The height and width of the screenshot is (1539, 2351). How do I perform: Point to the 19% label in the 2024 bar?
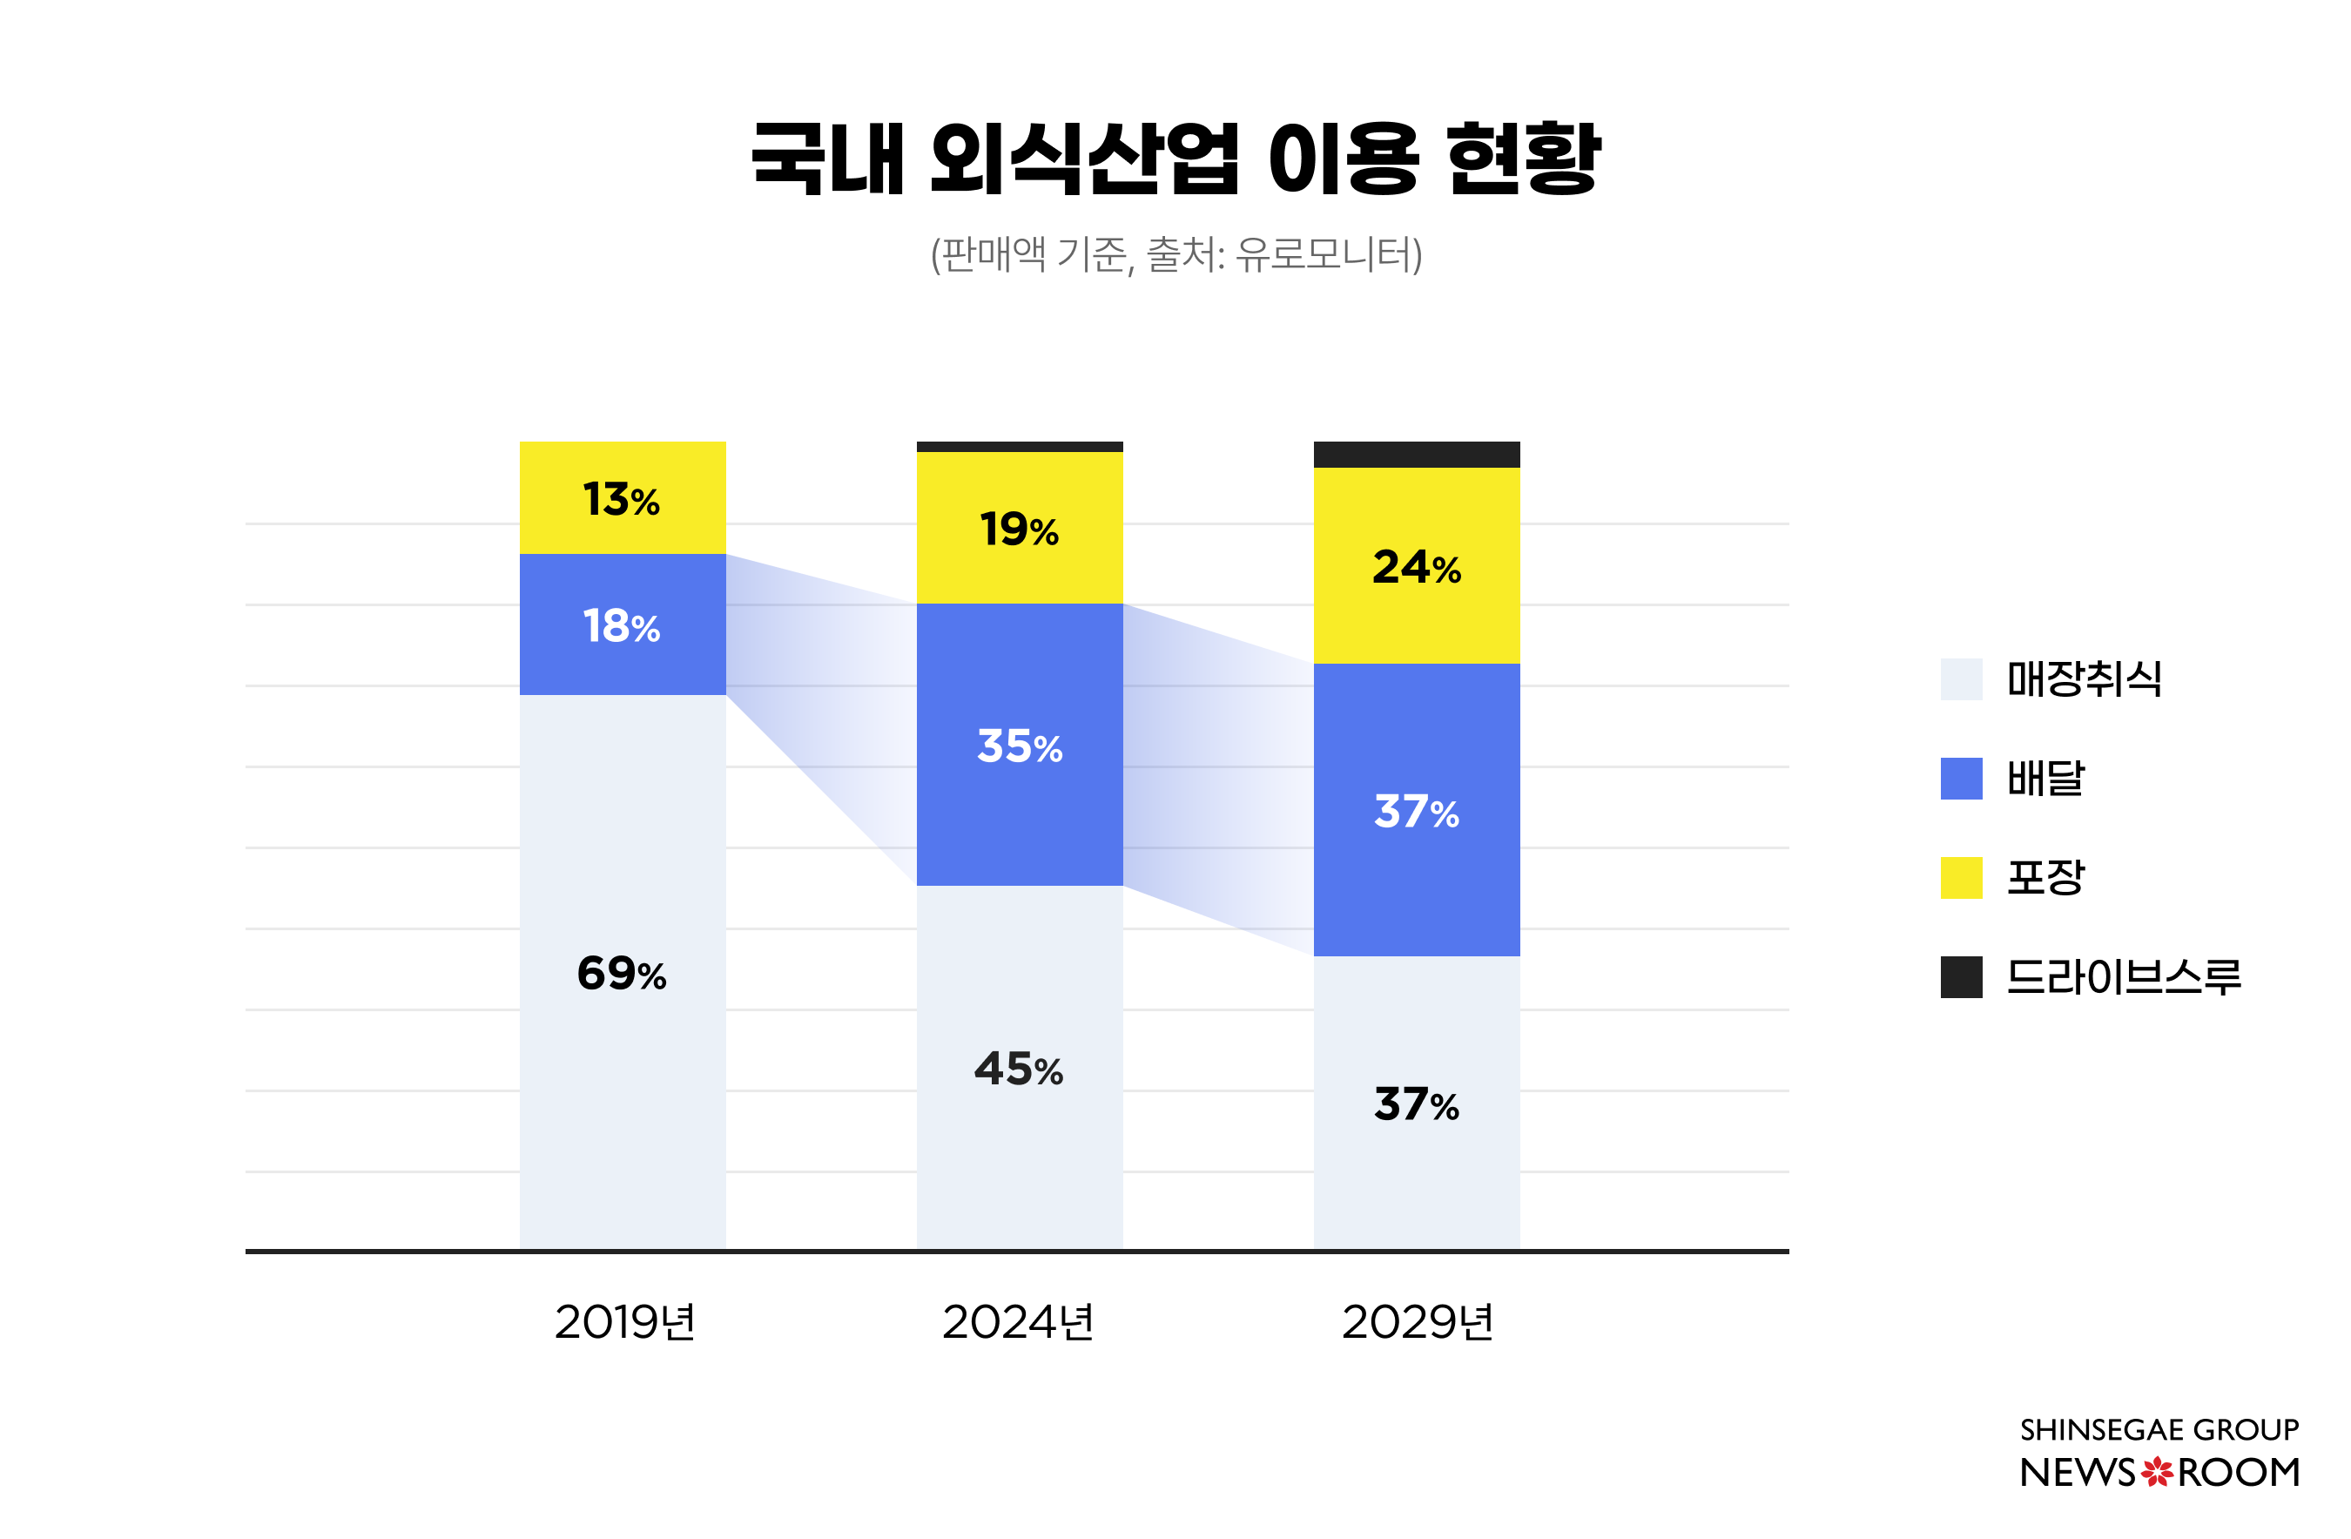1019,530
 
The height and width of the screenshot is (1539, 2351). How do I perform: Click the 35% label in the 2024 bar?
1020,746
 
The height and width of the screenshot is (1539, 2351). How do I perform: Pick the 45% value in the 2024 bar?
1019,1069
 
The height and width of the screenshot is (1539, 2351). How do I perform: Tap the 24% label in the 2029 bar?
1416,567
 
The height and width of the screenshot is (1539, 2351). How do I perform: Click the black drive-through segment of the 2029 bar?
1416,455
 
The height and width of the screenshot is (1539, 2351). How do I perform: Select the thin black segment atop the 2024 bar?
1020,447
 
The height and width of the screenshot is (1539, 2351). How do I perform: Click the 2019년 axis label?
624,1321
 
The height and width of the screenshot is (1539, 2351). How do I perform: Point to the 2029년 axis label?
1417,1321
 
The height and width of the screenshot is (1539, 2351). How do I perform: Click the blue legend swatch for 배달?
1961,779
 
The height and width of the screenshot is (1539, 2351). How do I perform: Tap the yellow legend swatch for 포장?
1961,877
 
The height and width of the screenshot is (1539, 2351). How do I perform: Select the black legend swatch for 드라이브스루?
1961,977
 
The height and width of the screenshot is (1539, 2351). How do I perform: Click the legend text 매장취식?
2084,679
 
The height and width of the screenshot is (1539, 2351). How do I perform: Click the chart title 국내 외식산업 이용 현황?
1175,158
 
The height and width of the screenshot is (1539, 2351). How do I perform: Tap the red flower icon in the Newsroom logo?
2157,1473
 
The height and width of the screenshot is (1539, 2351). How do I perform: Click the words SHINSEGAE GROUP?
2159,1429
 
